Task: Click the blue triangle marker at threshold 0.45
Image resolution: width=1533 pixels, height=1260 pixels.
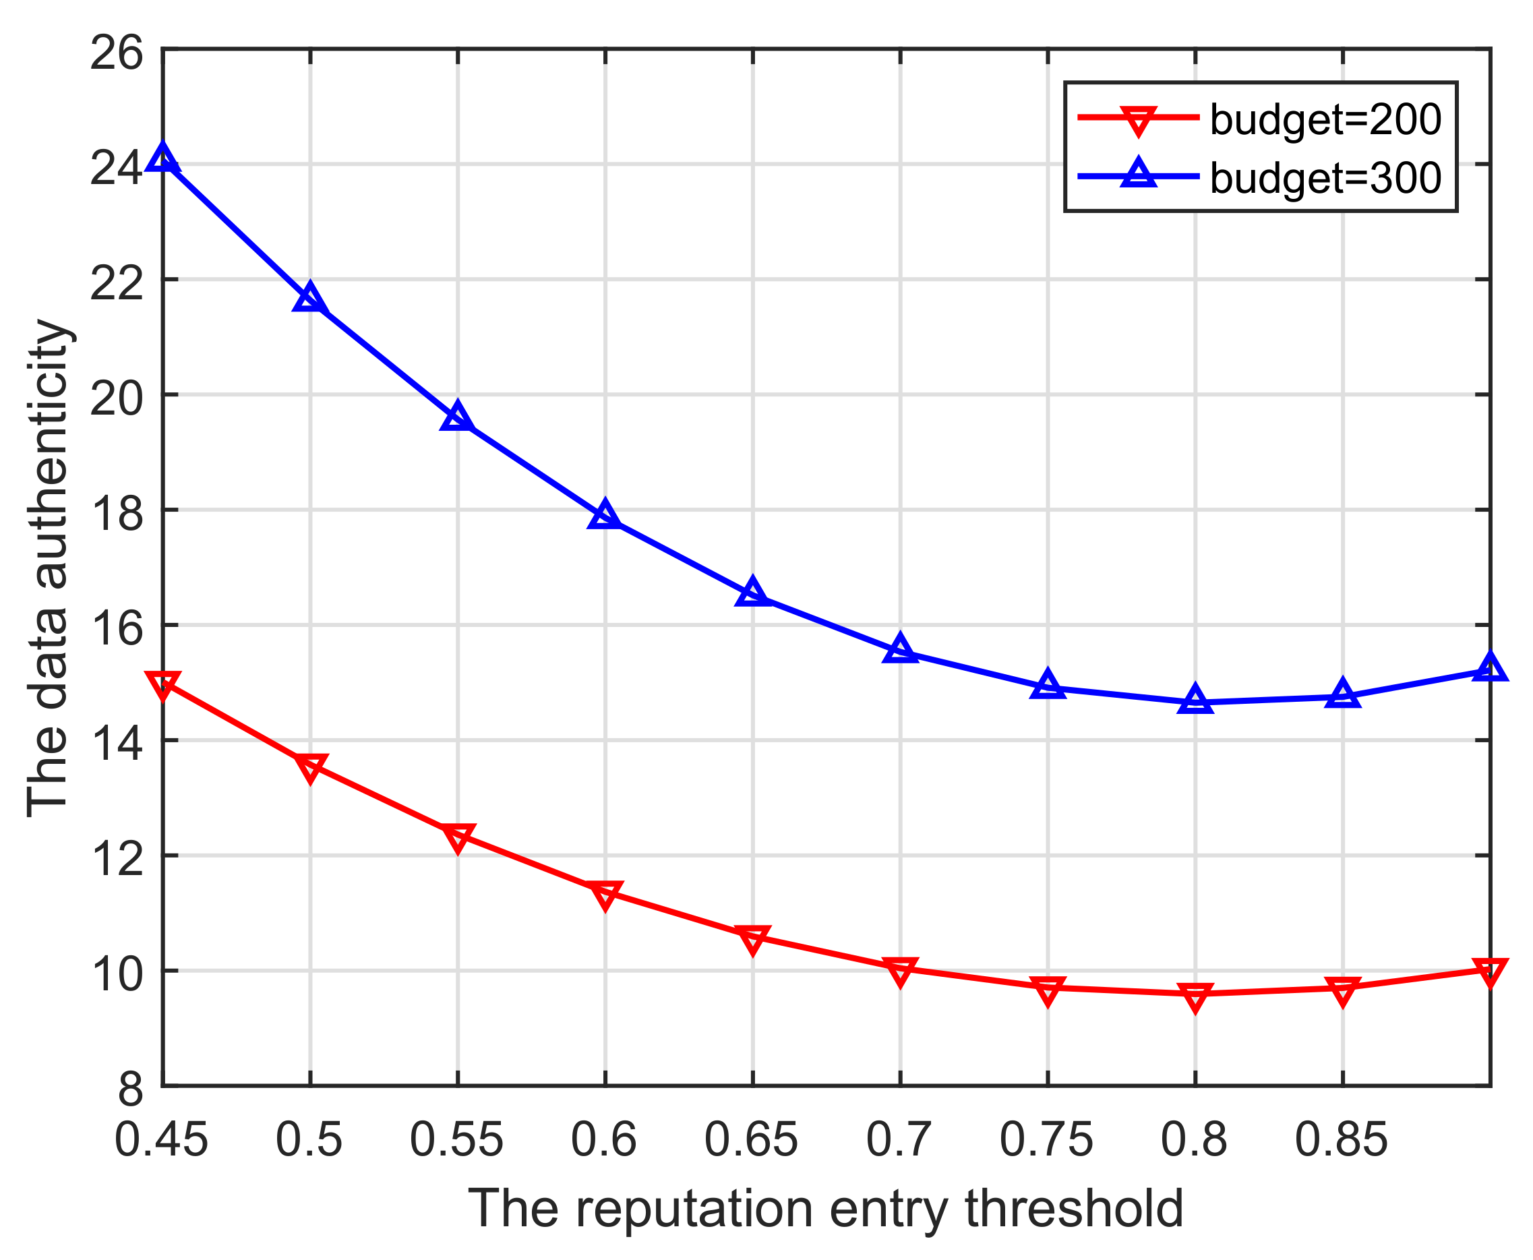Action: click(x=162, y=158)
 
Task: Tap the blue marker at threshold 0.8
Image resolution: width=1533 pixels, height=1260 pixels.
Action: click(x=1195, y=700)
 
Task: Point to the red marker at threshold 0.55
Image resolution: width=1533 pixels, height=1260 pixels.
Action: click(x=457, y=837)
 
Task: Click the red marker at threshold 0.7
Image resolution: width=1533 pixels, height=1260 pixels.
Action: click(x=900, y=970)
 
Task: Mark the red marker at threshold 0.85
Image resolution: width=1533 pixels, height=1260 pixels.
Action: click(x=1342, y=990)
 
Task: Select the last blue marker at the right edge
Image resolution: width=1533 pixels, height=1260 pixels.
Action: click(x=1489, y=667)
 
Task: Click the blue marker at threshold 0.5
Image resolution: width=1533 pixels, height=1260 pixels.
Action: click(x=310, y=297)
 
